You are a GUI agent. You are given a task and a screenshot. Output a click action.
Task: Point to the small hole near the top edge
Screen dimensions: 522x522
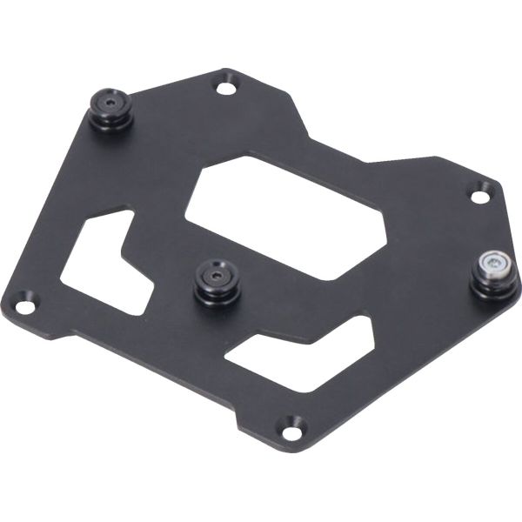[225, 87]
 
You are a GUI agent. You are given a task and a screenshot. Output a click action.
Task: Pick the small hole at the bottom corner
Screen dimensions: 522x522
[291, 426]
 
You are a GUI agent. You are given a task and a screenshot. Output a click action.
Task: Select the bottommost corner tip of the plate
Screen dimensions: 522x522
[290, 441]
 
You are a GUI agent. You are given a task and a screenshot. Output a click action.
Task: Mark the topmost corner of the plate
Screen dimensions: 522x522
[228, 70]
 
